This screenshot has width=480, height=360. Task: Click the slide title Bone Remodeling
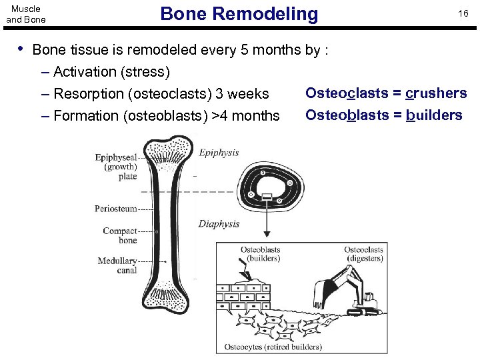(x=239, y=13)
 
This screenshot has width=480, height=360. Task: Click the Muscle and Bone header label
(x=26, y=14)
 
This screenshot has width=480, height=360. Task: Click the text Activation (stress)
(x=111, y=71)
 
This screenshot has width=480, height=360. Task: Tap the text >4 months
(x=245, y=116)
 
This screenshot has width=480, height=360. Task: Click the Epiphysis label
(x=219, y=153)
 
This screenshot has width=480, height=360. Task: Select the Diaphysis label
(x=219, y=224)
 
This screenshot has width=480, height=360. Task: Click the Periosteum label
(x=115, y=209)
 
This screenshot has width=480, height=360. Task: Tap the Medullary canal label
(x=117, y=265)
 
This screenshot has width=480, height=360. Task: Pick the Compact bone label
(x=120, y=235)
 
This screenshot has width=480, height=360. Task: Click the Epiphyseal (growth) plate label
(x=116, y=167)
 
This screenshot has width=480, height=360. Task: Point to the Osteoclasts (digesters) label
(x=363, y=254)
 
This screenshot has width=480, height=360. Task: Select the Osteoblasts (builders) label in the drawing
(x=260, y=254)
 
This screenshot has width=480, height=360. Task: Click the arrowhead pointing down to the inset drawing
(x=267, y=233)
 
